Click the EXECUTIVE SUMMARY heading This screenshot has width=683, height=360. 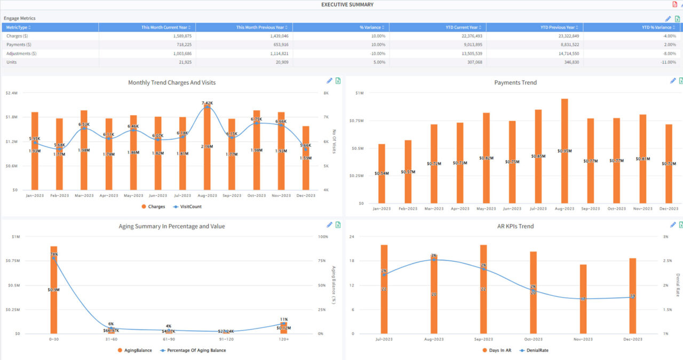pyautogui.click(x=347, y=5)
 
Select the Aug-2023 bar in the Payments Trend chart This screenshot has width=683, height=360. pyautogui.click(x=564, y=151)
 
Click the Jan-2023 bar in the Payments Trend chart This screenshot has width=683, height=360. pyautogui.click(x=382, y=173)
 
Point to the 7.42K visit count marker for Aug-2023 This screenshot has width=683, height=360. pyautogui.click(x=207, y=107)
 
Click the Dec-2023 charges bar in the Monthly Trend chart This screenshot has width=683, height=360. pyautogui.click(x=305, y=158)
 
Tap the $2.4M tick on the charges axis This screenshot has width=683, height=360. pyautogui.click(x=11, y=93)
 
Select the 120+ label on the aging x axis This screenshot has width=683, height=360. pyautogui.click(x=283, y=339)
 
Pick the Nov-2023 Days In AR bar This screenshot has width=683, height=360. pyautogui.click(x=583, y=299)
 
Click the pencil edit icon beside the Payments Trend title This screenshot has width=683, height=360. pyautogui.click(x=673, y=81)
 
